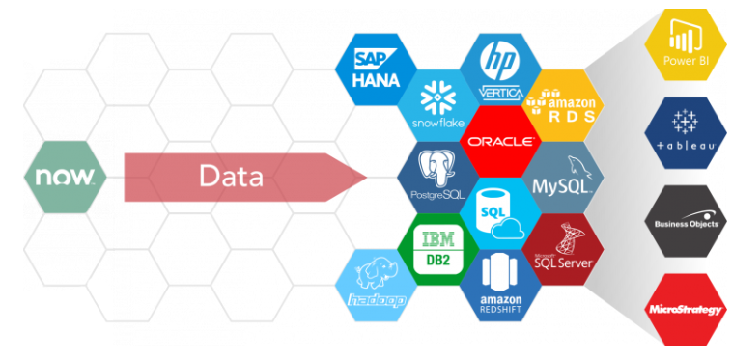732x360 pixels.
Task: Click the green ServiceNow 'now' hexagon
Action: (x=65, y=177)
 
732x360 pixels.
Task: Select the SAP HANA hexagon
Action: (x=376, y=68)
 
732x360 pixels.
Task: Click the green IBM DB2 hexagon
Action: (x=437, y=248)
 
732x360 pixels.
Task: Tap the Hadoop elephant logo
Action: (x=376, y=281)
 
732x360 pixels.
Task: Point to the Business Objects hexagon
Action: (x=685, y=221)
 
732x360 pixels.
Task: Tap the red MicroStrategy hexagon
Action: (x=685, y=309)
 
